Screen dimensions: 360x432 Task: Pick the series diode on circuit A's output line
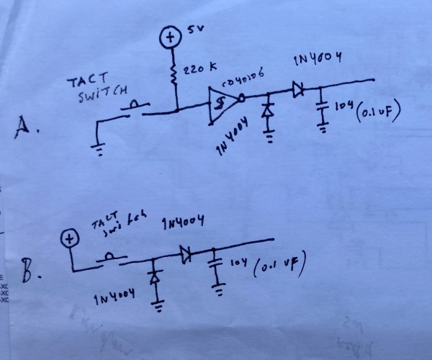point(297,90)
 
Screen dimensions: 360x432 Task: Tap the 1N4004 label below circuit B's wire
point(114,299)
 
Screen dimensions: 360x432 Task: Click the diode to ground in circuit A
point(269,110)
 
